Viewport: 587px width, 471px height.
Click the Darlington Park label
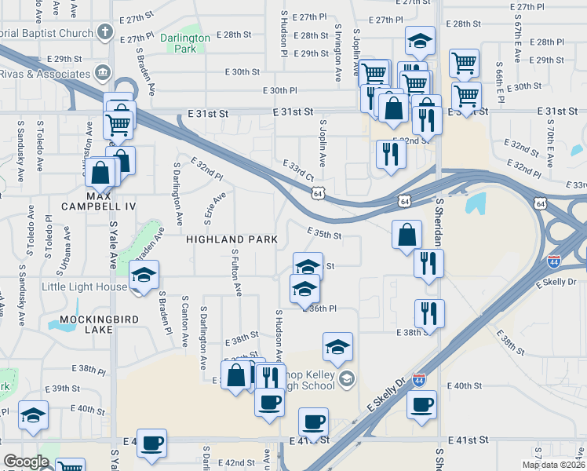tap(184, 43)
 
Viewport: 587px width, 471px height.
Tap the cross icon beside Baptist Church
tap(104, 35)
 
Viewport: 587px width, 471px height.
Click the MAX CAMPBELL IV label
tap(111, 199)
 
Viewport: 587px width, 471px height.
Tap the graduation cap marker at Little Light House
tap(144, 276)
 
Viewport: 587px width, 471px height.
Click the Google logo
tap(27, 462)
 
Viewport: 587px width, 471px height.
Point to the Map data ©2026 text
tap(554, 465)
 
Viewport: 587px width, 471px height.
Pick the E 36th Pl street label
tap(321, 309)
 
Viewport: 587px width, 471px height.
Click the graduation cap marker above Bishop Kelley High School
tap(337, 346)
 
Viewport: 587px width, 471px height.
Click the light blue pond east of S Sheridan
tap(476, 203)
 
